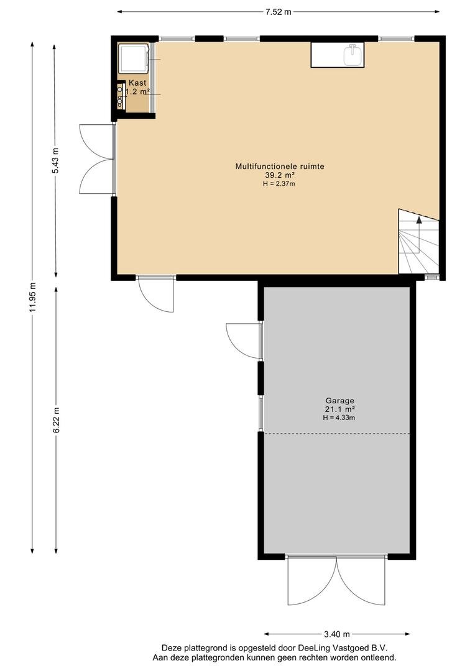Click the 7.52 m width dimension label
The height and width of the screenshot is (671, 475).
(x=278, y=12)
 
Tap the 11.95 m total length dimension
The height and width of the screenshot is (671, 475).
(x=32, y=298)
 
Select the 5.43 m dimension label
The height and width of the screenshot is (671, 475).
(x=55, y=160)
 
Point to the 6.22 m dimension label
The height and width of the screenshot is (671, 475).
(x=56, y=419)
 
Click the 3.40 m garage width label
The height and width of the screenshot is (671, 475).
(x=336, y=634)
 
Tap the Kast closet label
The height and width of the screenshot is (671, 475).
(x=137, y=83)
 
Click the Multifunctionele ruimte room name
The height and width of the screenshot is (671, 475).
(x=280, y=166)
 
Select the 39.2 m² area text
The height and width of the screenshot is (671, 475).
(x=280, y=175)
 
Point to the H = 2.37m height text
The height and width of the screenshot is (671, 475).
(x=279, y=184)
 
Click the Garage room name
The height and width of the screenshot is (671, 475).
(x=339, y=401)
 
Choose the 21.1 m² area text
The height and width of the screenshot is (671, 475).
(x=339, y=409)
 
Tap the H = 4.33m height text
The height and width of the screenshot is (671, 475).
(x=339, y=418)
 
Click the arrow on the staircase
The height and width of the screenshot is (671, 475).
(x=419, y=221)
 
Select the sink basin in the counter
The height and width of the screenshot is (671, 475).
(x=353, y=56)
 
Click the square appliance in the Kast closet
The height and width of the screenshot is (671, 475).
(x=133, y=58)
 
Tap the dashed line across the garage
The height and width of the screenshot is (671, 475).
(x=336, y=434)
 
